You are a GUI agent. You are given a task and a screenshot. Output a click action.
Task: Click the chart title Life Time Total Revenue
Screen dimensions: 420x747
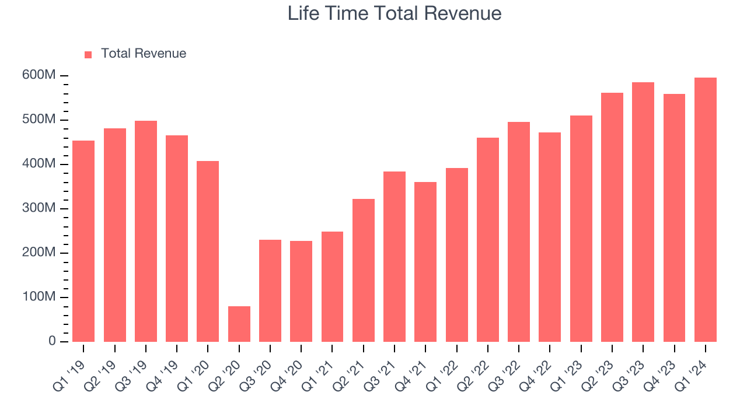395,13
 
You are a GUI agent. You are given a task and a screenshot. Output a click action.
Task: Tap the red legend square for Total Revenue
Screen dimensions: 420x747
88,54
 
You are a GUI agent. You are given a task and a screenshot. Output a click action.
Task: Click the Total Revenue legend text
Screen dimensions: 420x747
143,54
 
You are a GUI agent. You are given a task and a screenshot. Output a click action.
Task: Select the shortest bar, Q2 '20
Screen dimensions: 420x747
239,324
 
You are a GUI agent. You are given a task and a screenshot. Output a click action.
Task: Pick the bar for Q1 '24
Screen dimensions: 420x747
705,210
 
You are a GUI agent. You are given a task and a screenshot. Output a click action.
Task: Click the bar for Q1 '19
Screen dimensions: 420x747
83,241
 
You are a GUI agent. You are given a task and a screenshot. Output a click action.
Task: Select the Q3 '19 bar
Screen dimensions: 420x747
146,231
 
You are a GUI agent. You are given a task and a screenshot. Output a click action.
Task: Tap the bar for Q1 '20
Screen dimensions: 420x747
208,251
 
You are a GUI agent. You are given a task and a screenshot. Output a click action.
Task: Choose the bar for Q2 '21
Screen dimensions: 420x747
364,270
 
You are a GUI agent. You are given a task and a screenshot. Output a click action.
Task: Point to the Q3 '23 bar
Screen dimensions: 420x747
643,212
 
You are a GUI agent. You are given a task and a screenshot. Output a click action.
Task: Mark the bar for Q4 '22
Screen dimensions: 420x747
550,237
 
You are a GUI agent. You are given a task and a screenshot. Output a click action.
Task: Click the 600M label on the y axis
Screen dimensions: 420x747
40,76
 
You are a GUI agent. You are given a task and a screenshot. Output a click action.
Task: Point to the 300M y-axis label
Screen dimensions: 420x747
40,209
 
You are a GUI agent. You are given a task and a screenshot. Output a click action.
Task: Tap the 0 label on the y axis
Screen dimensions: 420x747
52,341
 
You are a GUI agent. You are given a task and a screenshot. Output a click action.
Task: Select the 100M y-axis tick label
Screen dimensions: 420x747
40,297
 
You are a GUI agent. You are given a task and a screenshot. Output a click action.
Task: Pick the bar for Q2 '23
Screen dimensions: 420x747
612,217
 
